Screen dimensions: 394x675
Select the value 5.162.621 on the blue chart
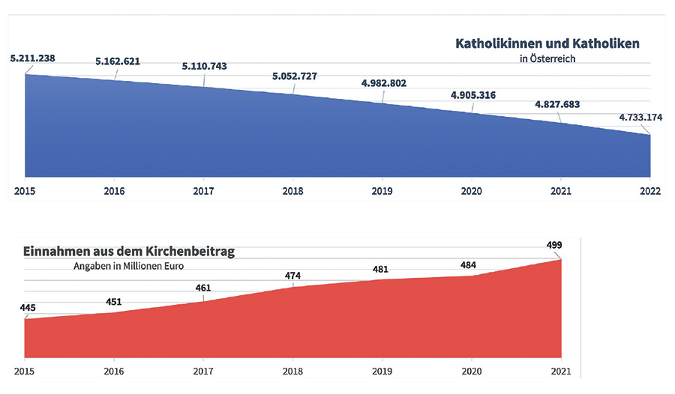[118, 61]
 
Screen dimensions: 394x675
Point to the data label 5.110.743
[205, 67]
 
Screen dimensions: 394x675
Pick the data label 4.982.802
[383, 83]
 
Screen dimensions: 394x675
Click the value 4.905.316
[472, 95]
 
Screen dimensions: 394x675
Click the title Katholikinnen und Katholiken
[547, 43]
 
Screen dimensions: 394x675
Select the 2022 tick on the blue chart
[650, 191]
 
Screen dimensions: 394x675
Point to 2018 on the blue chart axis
[293, 191]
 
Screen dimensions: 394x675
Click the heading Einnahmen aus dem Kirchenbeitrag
[129, 252]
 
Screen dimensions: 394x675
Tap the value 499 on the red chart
[554, 245]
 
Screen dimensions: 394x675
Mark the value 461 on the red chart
[204, 288]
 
